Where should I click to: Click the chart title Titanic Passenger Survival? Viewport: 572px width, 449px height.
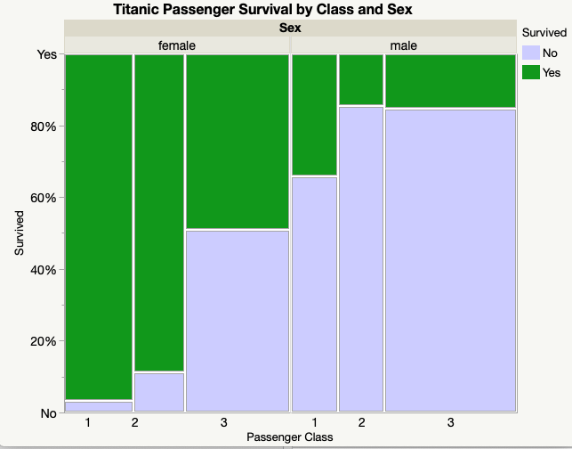click(263, 9)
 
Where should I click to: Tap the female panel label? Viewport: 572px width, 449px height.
click(177, 45)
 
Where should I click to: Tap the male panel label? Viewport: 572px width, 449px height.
click(403, 45)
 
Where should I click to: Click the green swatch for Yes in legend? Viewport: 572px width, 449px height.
click(531, 71)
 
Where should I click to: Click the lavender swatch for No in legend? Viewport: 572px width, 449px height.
click(531, 53)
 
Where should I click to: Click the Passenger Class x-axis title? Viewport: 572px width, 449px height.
click(290, 437)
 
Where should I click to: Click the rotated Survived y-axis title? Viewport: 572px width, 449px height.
click(20, 233)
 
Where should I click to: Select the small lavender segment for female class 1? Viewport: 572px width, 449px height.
click(98, 406)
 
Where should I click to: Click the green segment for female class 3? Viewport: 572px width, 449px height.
click(238, 141)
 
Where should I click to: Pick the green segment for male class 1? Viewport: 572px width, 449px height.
click(315, 115)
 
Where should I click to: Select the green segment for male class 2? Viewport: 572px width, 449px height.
click(361, 80)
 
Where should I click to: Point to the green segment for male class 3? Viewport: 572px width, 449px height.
click(450, 81)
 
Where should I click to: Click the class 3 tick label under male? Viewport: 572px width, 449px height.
click(450, 421)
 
